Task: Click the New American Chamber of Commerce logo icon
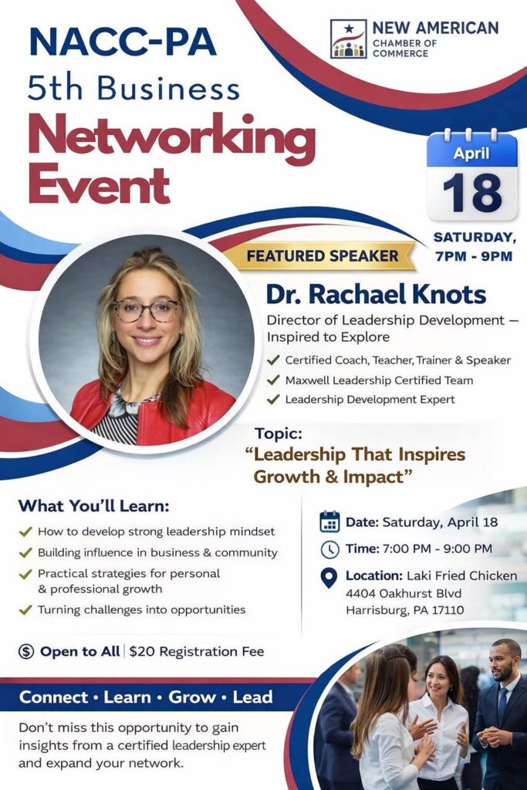coord(348,39)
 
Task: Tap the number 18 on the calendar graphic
coord(472,194)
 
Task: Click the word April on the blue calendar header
coord(471,153)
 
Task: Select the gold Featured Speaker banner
coord(322,256)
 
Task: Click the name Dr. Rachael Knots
coord(376,295)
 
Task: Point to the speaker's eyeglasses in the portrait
coord(146,310)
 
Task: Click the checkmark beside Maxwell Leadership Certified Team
coord(273,380)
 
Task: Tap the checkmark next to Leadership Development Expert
coord(273,400)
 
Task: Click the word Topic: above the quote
coord(279,434)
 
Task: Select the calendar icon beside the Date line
coord(329,522)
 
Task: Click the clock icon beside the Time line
coord(330,549)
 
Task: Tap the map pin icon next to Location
coord(329,578)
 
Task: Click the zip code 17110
coord(448,610)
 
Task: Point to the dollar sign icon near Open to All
coord(26,651)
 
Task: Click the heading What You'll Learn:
coord(94,505)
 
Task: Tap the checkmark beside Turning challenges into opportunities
coord(25,610)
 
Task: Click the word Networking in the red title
coord(172,137)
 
